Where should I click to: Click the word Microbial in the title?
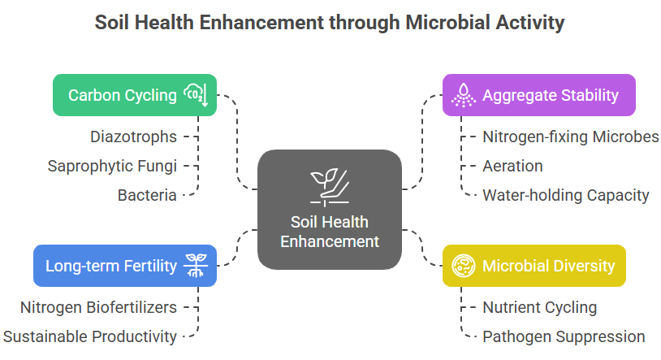coord(447,23)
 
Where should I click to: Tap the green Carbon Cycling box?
coord(135,95)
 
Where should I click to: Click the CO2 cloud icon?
coord(196,94)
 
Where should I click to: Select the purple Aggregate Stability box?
coord(538,95)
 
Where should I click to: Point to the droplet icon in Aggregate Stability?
coord(464,95)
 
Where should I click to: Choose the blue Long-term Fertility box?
coord(125,266)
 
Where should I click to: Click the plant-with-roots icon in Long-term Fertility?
coord(196,266)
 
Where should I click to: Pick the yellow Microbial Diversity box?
coord(534,266)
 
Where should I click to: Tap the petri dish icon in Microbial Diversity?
coord(464,266)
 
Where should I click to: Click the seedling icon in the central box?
coord(330,188)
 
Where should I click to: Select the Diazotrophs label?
coord(134,137)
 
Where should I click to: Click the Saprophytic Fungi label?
coord(112,166)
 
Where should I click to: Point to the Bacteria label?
coord(147,195)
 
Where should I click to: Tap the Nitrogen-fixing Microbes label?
coord(571,137)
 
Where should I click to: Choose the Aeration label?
coord(512,166)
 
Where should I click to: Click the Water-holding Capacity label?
coord(566,195)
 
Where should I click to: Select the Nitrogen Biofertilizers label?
coord(98,307)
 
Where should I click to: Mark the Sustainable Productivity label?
coord(90,336)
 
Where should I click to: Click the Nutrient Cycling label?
coord(539,307)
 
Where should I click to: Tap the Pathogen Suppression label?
coord(564,336)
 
